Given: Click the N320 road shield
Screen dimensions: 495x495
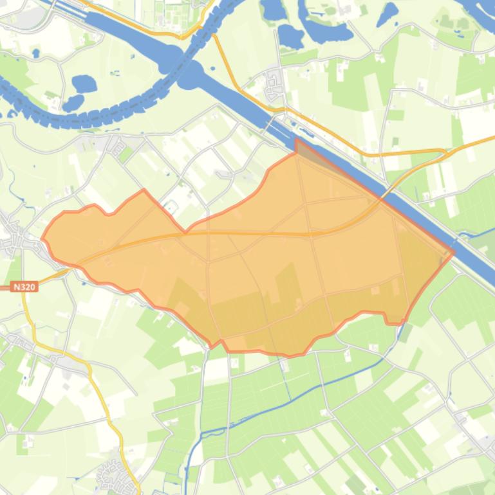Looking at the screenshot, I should (24, 287).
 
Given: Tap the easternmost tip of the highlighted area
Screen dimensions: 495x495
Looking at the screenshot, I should (454, 253).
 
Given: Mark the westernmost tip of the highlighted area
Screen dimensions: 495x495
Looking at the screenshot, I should (42, 239).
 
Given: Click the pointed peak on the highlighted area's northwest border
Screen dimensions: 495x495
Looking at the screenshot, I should (143, 190).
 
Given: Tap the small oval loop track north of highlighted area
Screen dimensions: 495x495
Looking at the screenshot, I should (170, 207).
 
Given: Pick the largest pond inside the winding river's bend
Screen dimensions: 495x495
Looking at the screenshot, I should (84, 84).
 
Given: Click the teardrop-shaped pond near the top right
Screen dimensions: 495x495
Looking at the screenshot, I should (388, 14).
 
